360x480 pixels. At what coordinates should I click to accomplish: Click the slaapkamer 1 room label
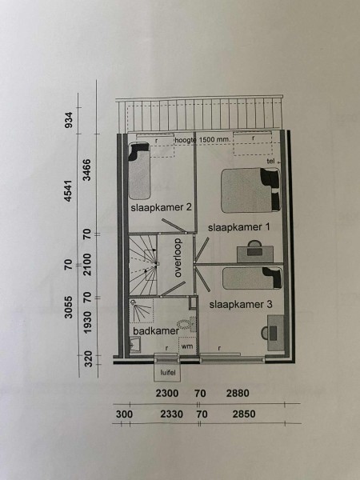(238, 227)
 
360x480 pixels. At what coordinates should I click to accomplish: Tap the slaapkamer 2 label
(161, 207)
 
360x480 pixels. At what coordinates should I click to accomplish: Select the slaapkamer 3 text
(241, 305)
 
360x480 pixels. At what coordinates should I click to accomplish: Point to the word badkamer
(156, 331)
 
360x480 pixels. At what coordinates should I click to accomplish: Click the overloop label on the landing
(178, 258)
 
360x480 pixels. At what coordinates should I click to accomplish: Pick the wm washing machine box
(187, 346)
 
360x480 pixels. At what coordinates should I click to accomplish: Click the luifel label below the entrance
(167, 373)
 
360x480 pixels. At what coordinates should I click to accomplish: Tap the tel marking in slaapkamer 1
(270, 161)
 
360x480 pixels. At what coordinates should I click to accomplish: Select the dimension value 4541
(68, 190)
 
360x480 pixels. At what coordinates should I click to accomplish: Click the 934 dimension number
(69, 120)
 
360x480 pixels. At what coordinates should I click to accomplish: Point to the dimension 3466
(87, 170)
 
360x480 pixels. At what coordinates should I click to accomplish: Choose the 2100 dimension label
(87, 265)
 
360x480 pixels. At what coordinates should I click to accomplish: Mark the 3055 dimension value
(68, 307)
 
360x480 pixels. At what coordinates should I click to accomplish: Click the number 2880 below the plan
(238, 393)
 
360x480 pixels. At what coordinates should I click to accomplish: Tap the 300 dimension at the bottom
(124, 414)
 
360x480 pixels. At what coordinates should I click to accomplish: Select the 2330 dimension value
(172, 414)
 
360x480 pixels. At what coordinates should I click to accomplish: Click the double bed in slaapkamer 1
(250, 190)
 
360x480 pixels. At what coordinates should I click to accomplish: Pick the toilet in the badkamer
(186, 324)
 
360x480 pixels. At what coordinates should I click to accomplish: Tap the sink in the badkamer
(134, 345)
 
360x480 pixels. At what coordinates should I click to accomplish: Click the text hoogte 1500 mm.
(202, 139)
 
